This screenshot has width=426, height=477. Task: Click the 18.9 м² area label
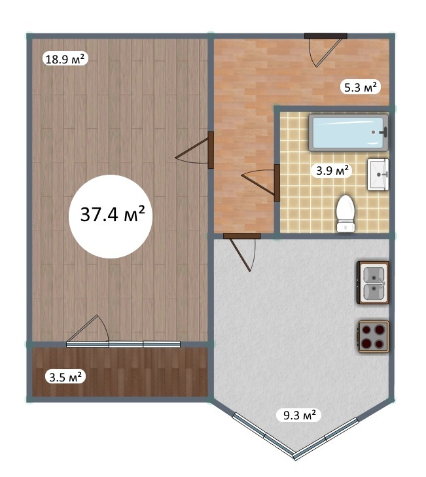(x=65, y=59)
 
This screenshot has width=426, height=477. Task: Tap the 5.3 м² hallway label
(x=361, y=87)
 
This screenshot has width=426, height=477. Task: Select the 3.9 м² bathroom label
(x=332, y=170)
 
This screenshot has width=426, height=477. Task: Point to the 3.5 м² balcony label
(x=65, y=377)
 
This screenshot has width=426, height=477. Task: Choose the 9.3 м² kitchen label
(x=299, y=415)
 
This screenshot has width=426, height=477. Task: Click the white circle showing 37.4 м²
(x=111, y=217)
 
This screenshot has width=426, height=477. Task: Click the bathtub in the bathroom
(x=349, y=133)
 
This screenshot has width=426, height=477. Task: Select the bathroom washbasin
(x=378, y=175)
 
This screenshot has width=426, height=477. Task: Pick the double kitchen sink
(x=373, y=283)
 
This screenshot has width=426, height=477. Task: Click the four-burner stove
(x=374, y=337)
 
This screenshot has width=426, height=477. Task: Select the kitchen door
(x=242, y=251)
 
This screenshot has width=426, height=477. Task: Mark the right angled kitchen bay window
(x=327, y=438)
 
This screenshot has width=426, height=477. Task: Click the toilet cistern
(x=346, y=226)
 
